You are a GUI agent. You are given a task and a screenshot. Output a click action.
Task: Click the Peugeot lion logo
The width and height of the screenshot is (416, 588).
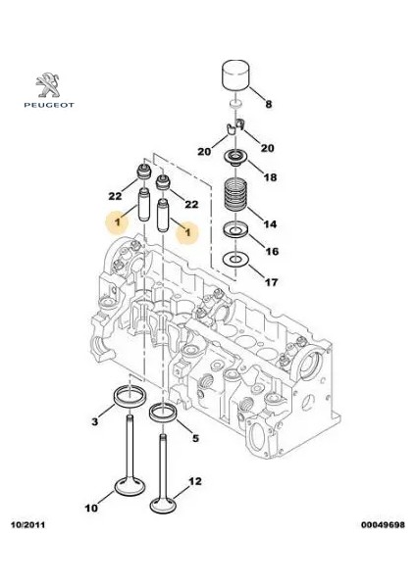coord(48,85)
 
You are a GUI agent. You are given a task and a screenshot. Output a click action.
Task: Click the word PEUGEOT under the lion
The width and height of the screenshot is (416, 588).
coord(49,106)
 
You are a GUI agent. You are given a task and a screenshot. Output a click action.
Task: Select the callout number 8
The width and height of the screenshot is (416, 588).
coord(269,104)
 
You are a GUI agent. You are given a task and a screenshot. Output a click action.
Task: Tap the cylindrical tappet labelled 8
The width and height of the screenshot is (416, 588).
coord(235,74)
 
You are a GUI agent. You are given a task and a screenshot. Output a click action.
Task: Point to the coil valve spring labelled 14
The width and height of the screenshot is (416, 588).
coord(235,196)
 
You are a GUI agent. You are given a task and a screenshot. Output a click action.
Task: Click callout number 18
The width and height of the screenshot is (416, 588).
coord(271,177)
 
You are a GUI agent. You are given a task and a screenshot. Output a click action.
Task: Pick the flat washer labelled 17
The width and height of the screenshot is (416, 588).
coord(235,259)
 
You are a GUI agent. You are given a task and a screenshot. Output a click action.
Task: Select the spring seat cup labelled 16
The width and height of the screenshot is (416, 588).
coord(235,229)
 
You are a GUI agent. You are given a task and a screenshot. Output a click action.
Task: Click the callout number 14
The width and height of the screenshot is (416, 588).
coord(270,223)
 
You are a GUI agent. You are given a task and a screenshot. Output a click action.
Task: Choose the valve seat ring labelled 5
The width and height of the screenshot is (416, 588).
coord(163,413)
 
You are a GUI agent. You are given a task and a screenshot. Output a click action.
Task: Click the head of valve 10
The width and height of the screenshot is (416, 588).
coord(130,486)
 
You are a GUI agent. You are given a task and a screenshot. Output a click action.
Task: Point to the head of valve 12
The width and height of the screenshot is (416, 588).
coord(163,504)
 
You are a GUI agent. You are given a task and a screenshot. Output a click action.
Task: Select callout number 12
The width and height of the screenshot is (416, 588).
coord(195,481)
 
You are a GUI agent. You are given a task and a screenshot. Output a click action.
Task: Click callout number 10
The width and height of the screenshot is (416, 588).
coord(91,508)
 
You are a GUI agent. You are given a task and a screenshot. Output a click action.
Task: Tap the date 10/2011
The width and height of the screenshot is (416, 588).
coord(27,524)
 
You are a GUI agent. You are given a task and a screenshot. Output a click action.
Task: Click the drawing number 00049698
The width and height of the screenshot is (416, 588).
coord(383,524)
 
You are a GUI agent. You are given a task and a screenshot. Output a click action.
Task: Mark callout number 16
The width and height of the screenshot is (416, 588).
coord(272,251)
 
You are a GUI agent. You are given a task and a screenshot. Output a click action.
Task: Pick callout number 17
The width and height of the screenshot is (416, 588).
coord(271,282)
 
